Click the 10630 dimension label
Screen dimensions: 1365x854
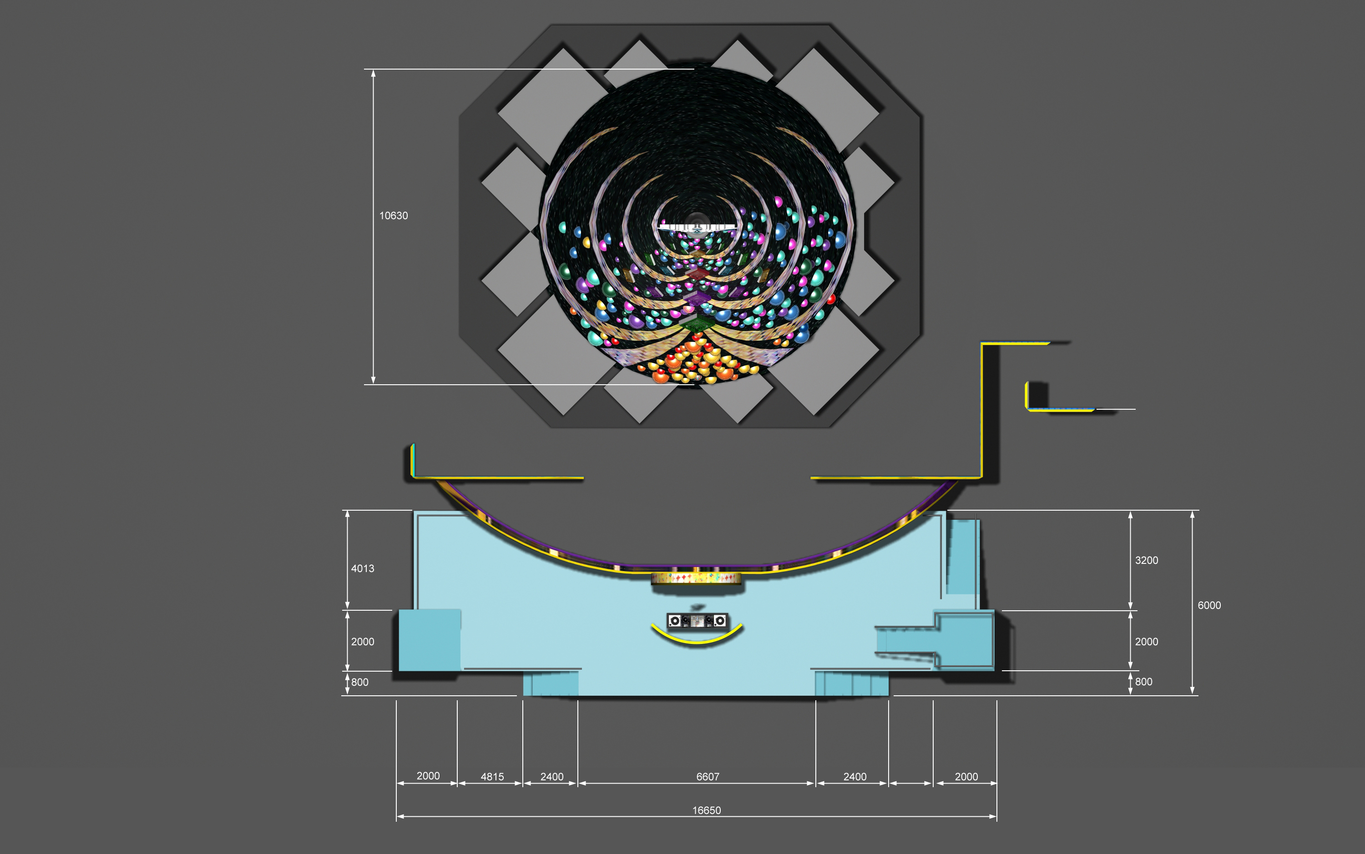click(393, 216)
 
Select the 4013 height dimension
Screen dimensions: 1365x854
click(363, 569)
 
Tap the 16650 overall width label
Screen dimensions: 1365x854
click(707, 810)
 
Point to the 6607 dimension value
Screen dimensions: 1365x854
click(708, 777)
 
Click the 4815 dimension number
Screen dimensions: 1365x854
click(492, 777)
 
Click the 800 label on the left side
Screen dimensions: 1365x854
click(360, 682)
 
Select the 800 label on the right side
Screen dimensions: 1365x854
click(1143, 682)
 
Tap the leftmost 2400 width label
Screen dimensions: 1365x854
click(552, 777)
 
